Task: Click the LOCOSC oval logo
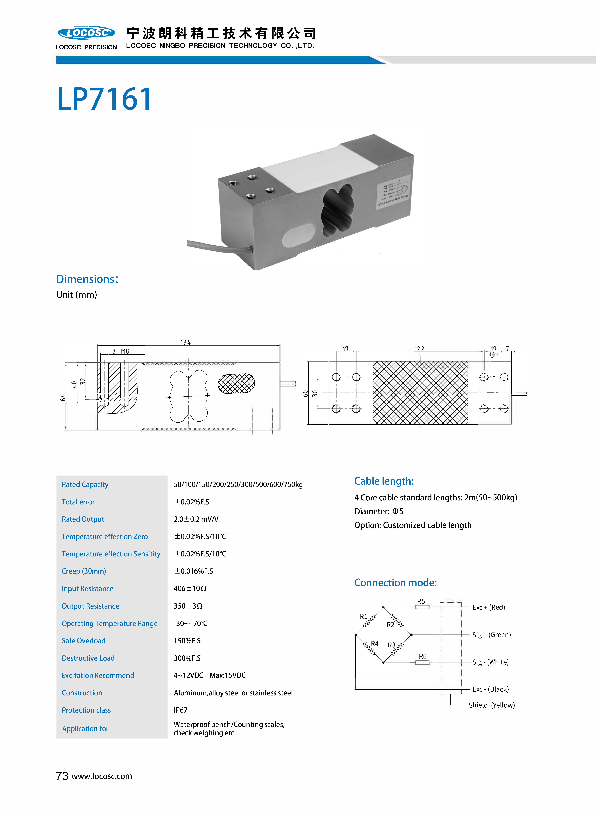click(x=86, y=33)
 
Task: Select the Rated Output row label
click(x=83, y=519)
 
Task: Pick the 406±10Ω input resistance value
click(x=190, y=588)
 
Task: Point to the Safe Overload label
click(x=84, y=641)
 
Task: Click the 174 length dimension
click(x=185, y=342)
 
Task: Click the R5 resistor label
click(x=421, y=601)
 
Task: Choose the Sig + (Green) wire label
click(x=491, y=635)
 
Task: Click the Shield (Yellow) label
click(x=491, y=705)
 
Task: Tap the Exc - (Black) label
click(x=490, y=689)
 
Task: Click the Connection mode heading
click(x=395, y=583)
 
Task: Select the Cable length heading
click(x=384, y=481)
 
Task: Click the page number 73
click(x=62, y=776)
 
